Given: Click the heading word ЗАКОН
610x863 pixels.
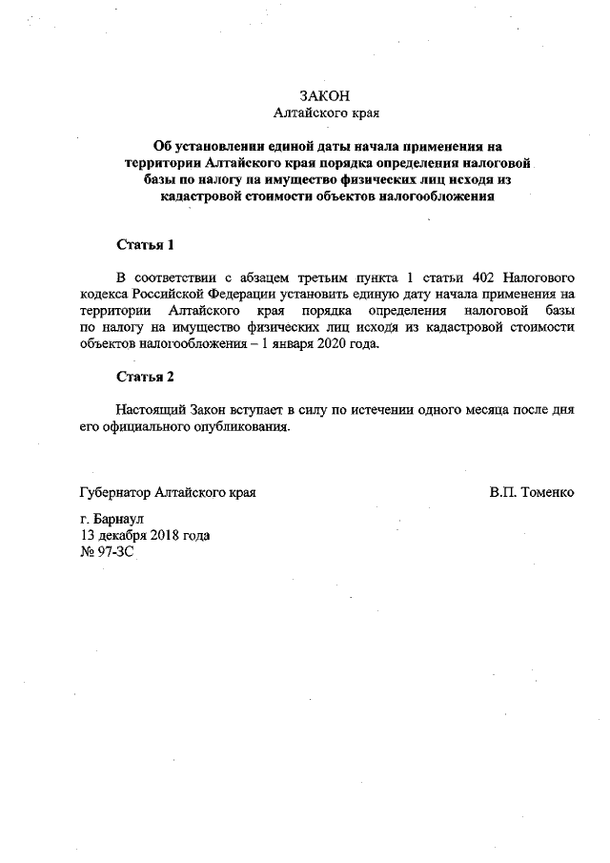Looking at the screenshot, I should [x=326, y=96].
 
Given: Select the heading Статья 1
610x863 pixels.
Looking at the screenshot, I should [x=146, y=245].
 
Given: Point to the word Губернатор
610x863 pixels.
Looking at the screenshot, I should [x=116, y=494].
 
